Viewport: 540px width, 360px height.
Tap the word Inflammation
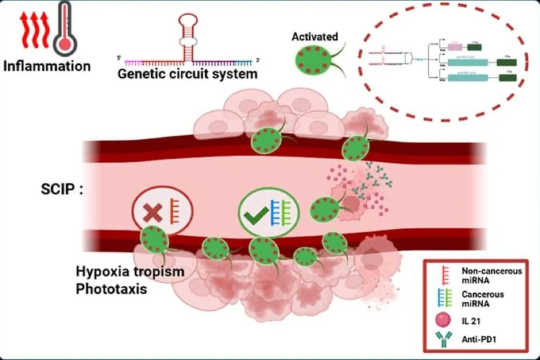coord(47,66)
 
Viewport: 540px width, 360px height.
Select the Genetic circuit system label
coord(187,73)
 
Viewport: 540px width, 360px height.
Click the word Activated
coord(315,37)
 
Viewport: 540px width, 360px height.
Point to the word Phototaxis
coord(111,289)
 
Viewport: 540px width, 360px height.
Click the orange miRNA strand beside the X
coord(174,211)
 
